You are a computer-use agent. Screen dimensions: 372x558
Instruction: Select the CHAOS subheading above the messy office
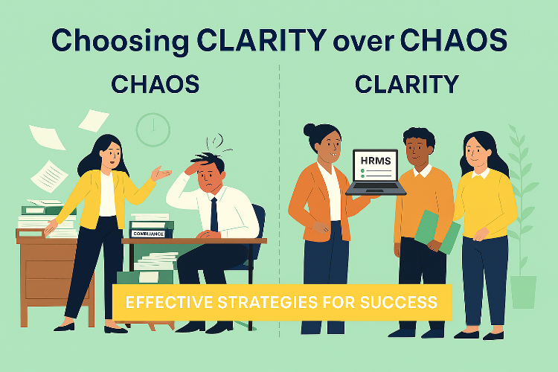tap(155, 85)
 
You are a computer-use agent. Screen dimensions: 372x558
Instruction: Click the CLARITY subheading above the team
tap(406, 85)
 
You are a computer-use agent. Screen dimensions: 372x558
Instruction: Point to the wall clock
tap(153, 129)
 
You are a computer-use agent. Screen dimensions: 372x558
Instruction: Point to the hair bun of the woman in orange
tap(310, 130)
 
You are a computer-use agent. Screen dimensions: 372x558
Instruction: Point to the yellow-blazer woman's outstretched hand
tap(161, 174)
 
